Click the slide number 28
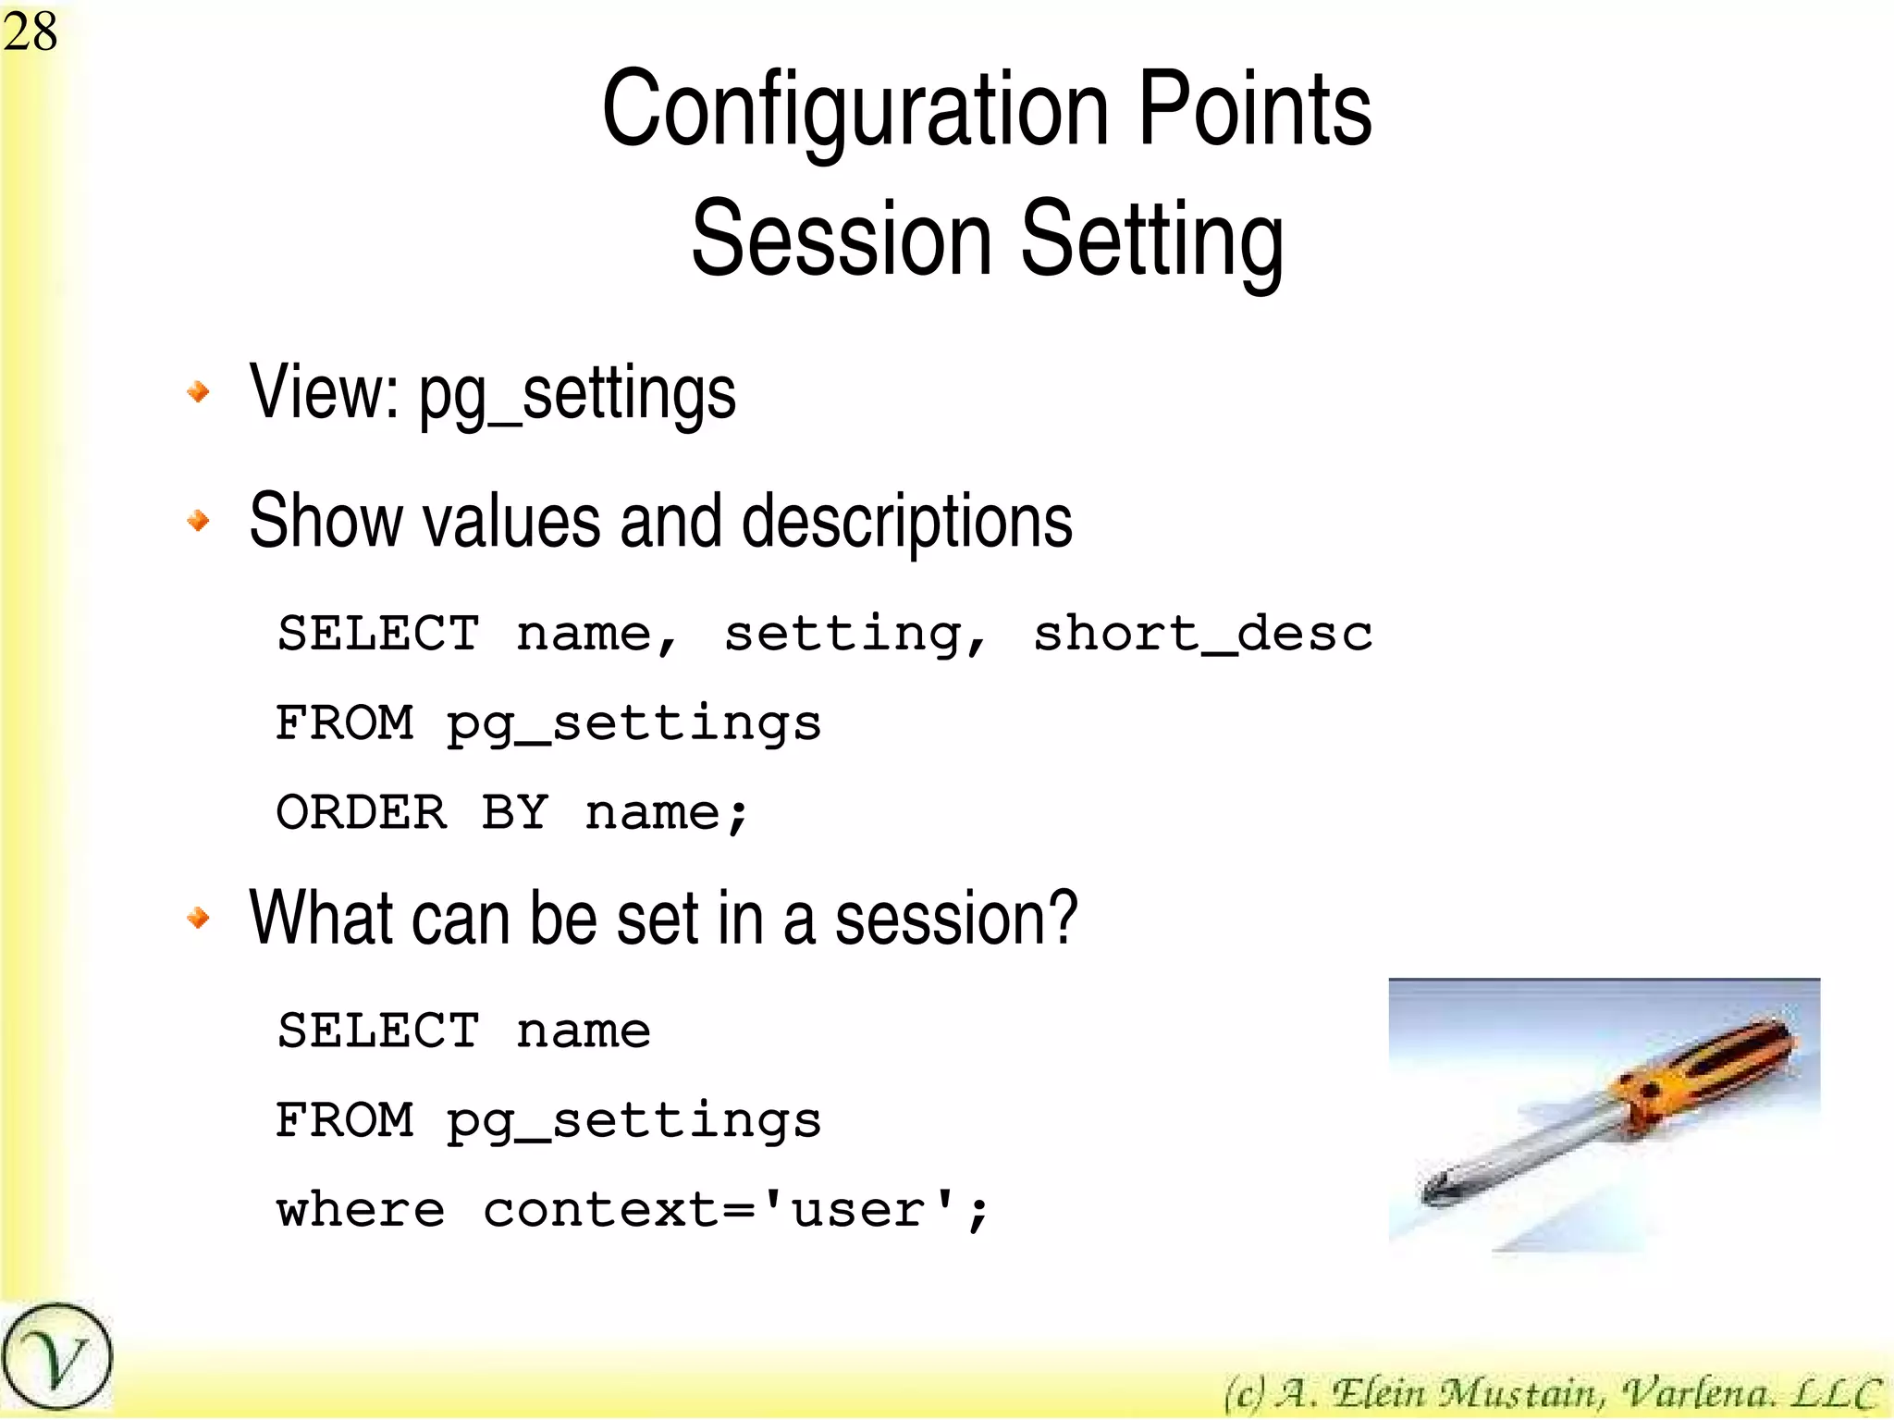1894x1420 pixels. click(x=30, y=31)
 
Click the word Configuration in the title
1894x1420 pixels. click(x=855, y=111)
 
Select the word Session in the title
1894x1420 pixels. click(x=842, y=239)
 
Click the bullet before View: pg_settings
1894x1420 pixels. click(x=198, y=392)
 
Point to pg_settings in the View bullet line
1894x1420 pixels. click(x=577, y=394)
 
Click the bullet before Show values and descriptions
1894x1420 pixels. click(x=198, y=521)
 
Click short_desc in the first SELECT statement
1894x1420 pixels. click(x=1202, y=635)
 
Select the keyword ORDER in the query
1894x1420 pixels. click(x=362, y=813)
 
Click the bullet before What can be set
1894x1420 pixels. click(x=198, y=918)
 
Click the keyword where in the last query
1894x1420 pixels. click(x=361, y=1210)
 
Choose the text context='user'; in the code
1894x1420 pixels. click(x=736, y=1210)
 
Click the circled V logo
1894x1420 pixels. click(x=56, y=1357)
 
